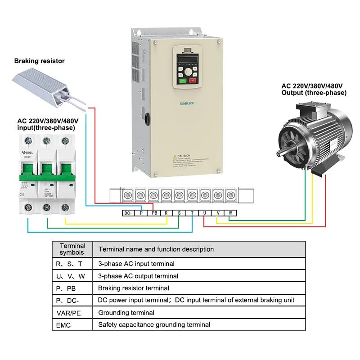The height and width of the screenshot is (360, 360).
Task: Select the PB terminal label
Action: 154,213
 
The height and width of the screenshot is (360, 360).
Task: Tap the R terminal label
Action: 166,213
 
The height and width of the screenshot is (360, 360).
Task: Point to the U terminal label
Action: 205,213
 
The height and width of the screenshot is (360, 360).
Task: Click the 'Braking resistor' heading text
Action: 40,61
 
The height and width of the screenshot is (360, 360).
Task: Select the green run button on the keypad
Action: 183,81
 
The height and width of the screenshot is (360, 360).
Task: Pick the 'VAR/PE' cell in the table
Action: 68,313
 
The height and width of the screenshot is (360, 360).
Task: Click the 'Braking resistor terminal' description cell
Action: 134,288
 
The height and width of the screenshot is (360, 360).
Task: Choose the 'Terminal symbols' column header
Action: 72,249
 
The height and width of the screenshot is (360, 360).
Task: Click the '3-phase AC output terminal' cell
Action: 138,276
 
